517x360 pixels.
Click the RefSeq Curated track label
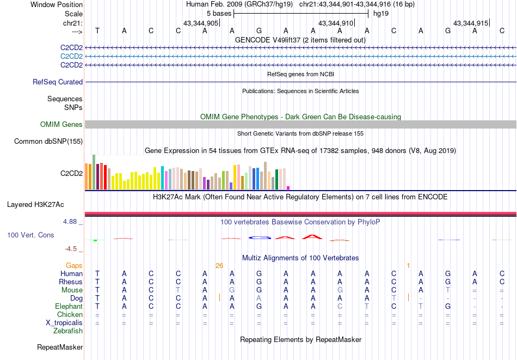pos(58,82)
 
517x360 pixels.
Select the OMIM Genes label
pos(61,125)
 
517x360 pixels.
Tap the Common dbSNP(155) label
pos(48,142)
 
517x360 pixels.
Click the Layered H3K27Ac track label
pos(35,205)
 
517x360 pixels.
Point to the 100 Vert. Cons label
pos(30,235)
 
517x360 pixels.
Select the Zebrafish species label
pos(68,331)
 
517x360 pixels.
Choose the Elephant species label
pos(69,307)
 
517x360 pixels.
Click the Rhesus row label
pos(71,282)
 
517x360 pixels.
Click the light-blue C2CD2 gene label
pos(71,57)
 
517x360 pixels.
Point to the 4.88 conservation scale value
pos(71,222)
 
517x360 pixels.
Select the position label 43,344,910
pos(335,23)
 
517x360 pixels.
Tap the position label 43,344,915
pos(470,23)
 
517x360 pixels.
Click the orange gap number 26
pos(219,266)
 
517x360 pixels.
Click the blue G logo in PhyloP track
pos(259,237)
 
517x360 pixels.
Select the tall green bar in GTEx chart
pos(94,172)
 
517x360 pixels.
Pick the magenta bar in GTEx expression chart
pos(288,188)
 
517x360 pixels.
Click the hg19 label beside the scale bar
pos(381,13)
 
